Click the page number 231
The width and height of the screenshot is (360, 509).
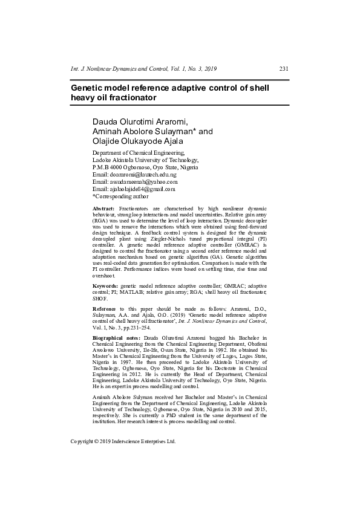(x=284, y=69)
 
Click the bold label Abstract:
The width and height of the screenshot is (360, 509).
(x=103, y=209)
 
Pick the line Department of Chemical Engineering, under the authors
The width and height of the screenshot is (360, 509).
(x=139, y=152)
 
